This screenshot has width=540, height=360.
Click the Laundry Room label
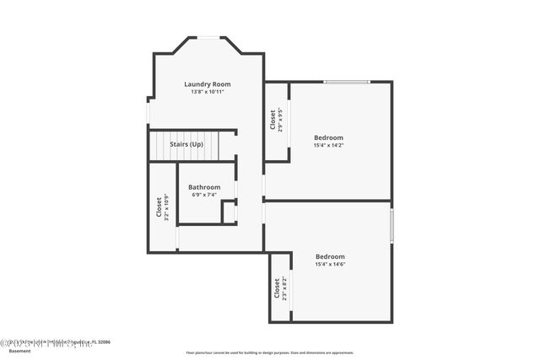point(208,84)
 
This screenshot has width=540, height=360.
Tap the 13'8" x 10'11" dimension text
point(208,92)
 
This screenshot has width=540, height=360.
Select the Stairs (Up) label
point(186,145)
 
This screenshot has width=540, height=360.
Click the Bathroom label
point(204,187)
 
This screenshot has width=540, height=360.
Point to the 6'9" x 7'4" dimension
point(204,195)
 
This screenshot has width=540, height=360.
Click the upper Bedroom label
point(328,137)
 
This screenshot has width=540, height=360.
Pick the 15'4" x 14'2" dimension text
point(328,145)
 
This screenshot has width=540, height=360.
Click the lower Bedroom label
point(330,256)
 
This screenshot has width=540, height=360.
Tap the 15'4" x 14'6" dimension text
point(330,265)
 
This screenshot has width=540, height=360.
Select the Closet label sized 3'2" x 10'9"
point(159,207)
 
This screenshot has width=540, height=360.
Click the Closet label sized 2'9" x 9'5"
point(273,121)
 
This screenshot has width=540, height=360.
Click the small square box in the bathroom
point(229,212)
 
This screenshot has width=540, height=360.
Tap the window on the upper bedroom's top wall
point(347,82)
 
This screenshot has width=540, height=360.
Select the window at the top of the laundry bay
point(208,37)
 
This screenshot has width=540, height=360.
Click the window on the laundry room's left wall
point(148,111)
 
